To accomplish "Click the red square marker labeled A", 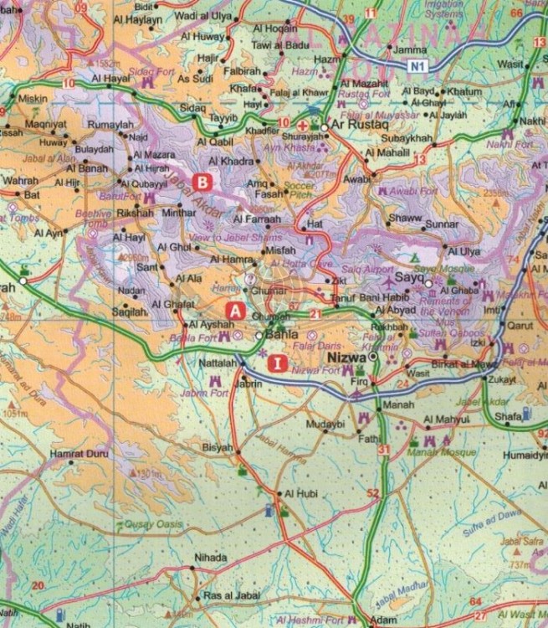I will pyautogui.click(x=236, y=310).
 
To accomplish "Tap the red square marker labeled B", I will pyautogui.click(x=202, y=181).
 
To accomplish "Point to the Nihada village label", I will pyautogui.click(x=210, y=558).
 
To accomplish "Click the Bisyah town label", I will pyautogui.click(x=218, y=448).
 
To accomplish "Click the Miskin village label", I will pyautogui.click(x=33, y=98).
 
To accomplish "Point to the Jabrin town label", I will pyautogui.click(x=250, y=383).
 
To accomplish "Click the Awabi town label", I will pyautogui.click(x=356, y=178).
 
